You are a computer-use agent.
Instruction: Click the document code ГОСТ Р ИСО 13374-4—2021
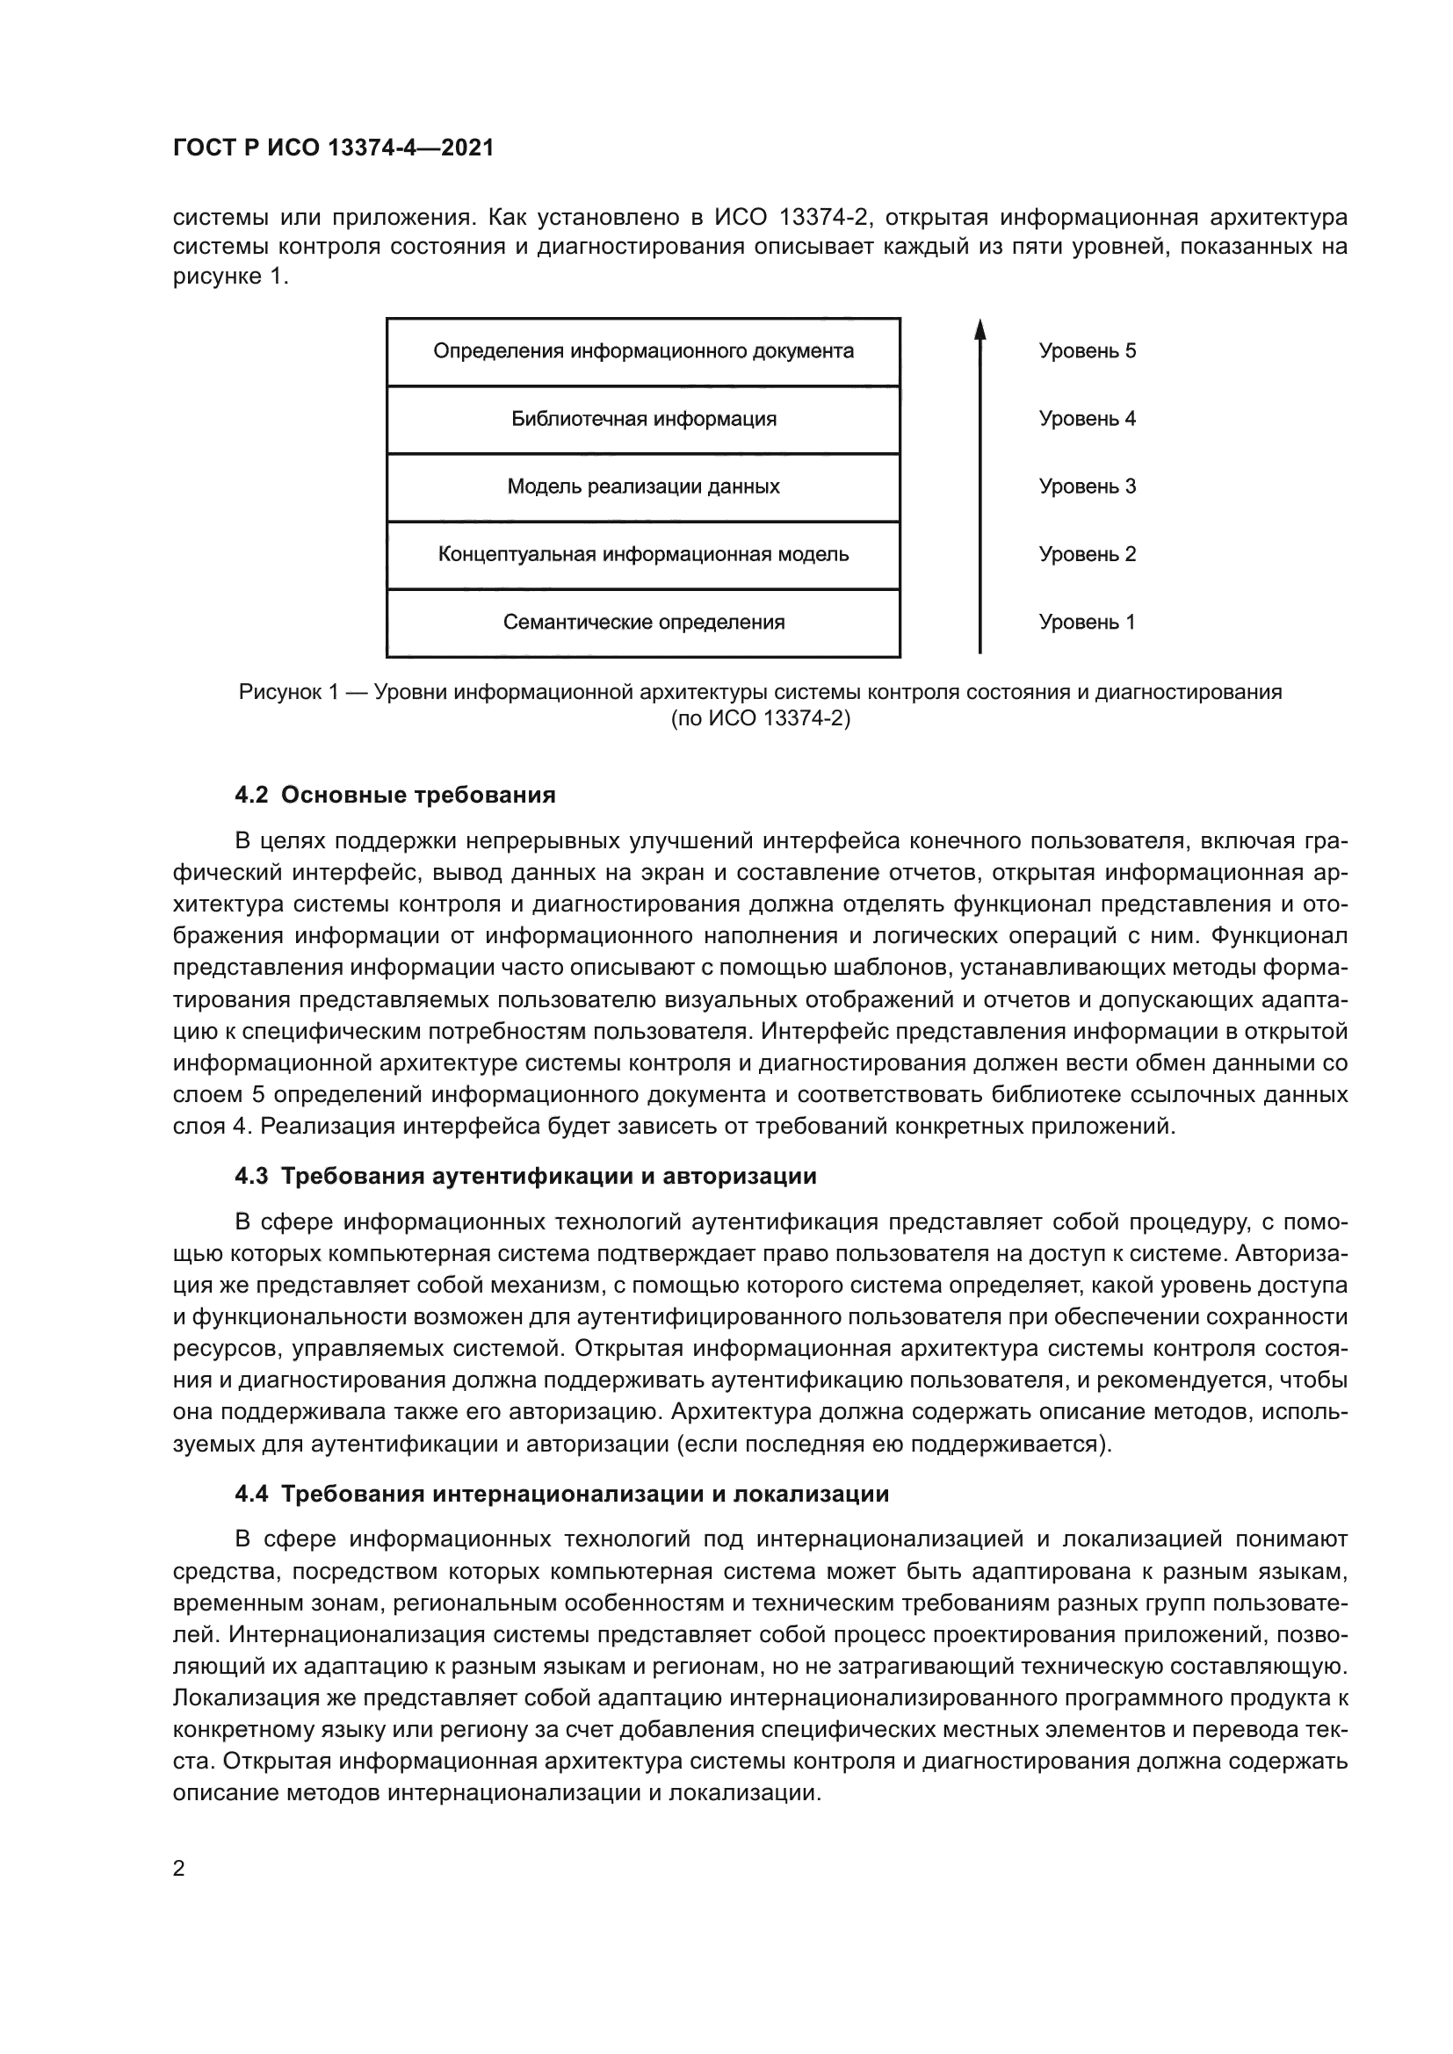(x=333, y=148)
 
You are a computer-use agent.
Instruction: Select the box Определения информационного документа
(x=643, y=351)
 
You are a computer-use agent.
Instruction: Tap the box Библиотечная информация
(x=643, y=420)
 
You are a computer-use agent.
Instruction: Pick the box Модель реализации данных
(x=643, y=487)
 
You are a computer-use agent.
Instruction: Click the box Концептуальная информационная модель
(x=643, y=555)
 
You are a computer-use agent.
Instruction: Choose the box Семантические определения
(x=643, y=623)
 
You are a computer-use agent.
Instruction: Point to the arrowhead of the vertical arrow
(x=980, y=329)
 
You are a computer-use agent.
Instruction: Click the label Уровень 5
(x=1087, y=351)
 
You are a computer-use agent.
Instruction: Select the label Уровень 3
(x=1087, y=487)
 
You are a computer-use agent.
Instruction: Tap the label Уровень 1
(x=1087, y=623)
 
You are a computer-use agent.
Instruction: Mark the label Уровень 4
(x=1087, y=420)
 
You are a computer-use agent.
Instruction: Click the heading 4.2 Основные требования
(x=394, y=796)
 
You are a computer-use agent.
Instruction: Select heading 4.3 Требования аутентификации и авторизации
(x=525, y=1177)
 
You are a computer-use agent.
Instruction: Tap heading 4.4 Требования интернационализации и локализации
(x=562, y=1495)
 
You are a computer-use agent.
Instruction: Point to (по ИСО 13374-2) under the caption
(x=761, y=718)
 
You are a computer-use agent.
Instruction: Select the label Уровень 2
(x=1087, y=555)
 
